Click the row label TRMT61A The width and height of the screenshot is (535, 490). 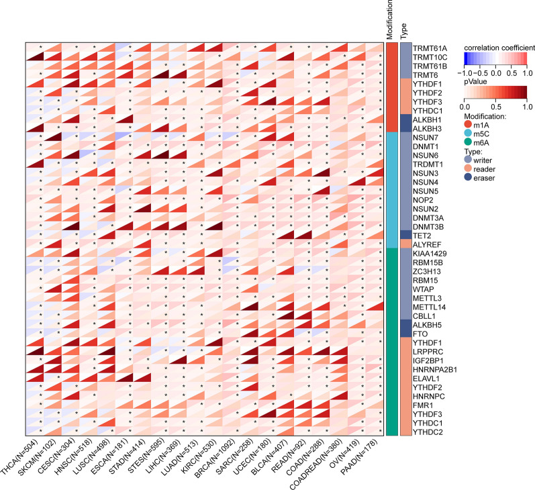click(430, 48)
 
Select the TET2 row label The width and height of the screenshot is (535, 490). click(422, 235)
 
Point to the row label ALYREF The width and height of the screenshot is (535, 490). click(426, 244)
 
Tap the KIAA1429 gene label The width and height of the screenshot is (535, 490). click(430, 254)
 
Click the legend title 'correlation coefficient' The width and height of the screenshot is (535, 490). click(498, 48)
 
